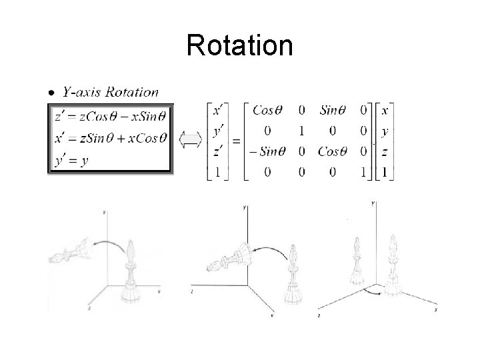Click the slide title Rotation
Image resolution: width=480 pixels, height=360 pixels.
pos(239,46)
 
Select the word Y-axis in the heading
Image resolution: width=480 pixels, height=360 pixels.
pos(78,93)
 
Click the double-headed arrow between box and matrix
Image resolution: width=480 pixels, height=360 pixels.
pos(191,139)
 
